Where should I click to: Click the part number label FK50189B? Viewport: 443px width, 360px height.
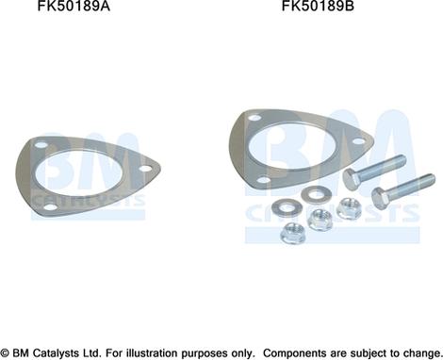[x=319, y=8]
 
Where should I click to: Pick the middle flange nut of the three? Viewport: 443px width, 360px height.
[x=319, y=219]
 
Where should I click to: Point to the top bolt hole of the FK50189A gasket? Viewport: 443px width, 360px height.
[x=40, y=146]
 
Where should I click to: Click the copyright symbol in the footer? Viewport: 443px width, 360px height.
[x=7, y=350]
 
